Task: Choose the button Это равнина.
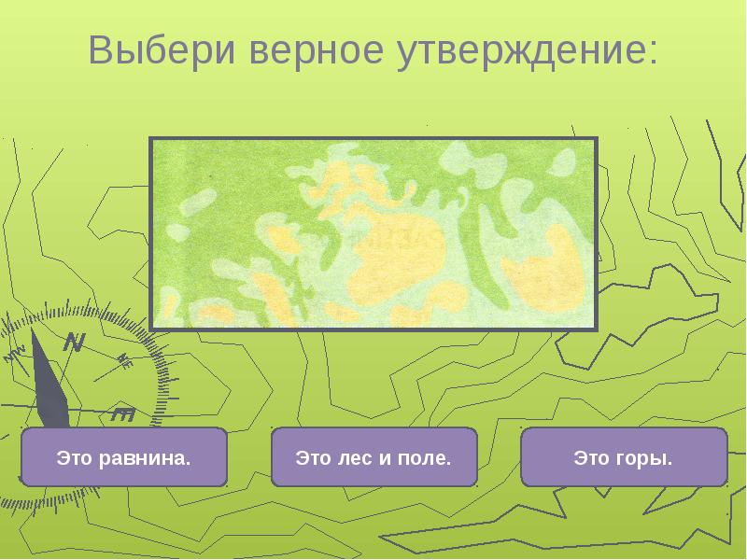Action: click(x=124, y=457)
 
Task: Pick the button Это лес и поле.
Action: click(x=373, y=457)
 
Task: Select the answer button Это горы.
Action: click(x=624, y=457)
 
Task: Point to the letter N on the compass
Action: click(x=73, y=343)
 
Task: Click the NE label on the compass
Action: click(x=125, y=362)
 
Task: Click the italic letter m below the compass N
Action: click(x=123, y=413)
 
